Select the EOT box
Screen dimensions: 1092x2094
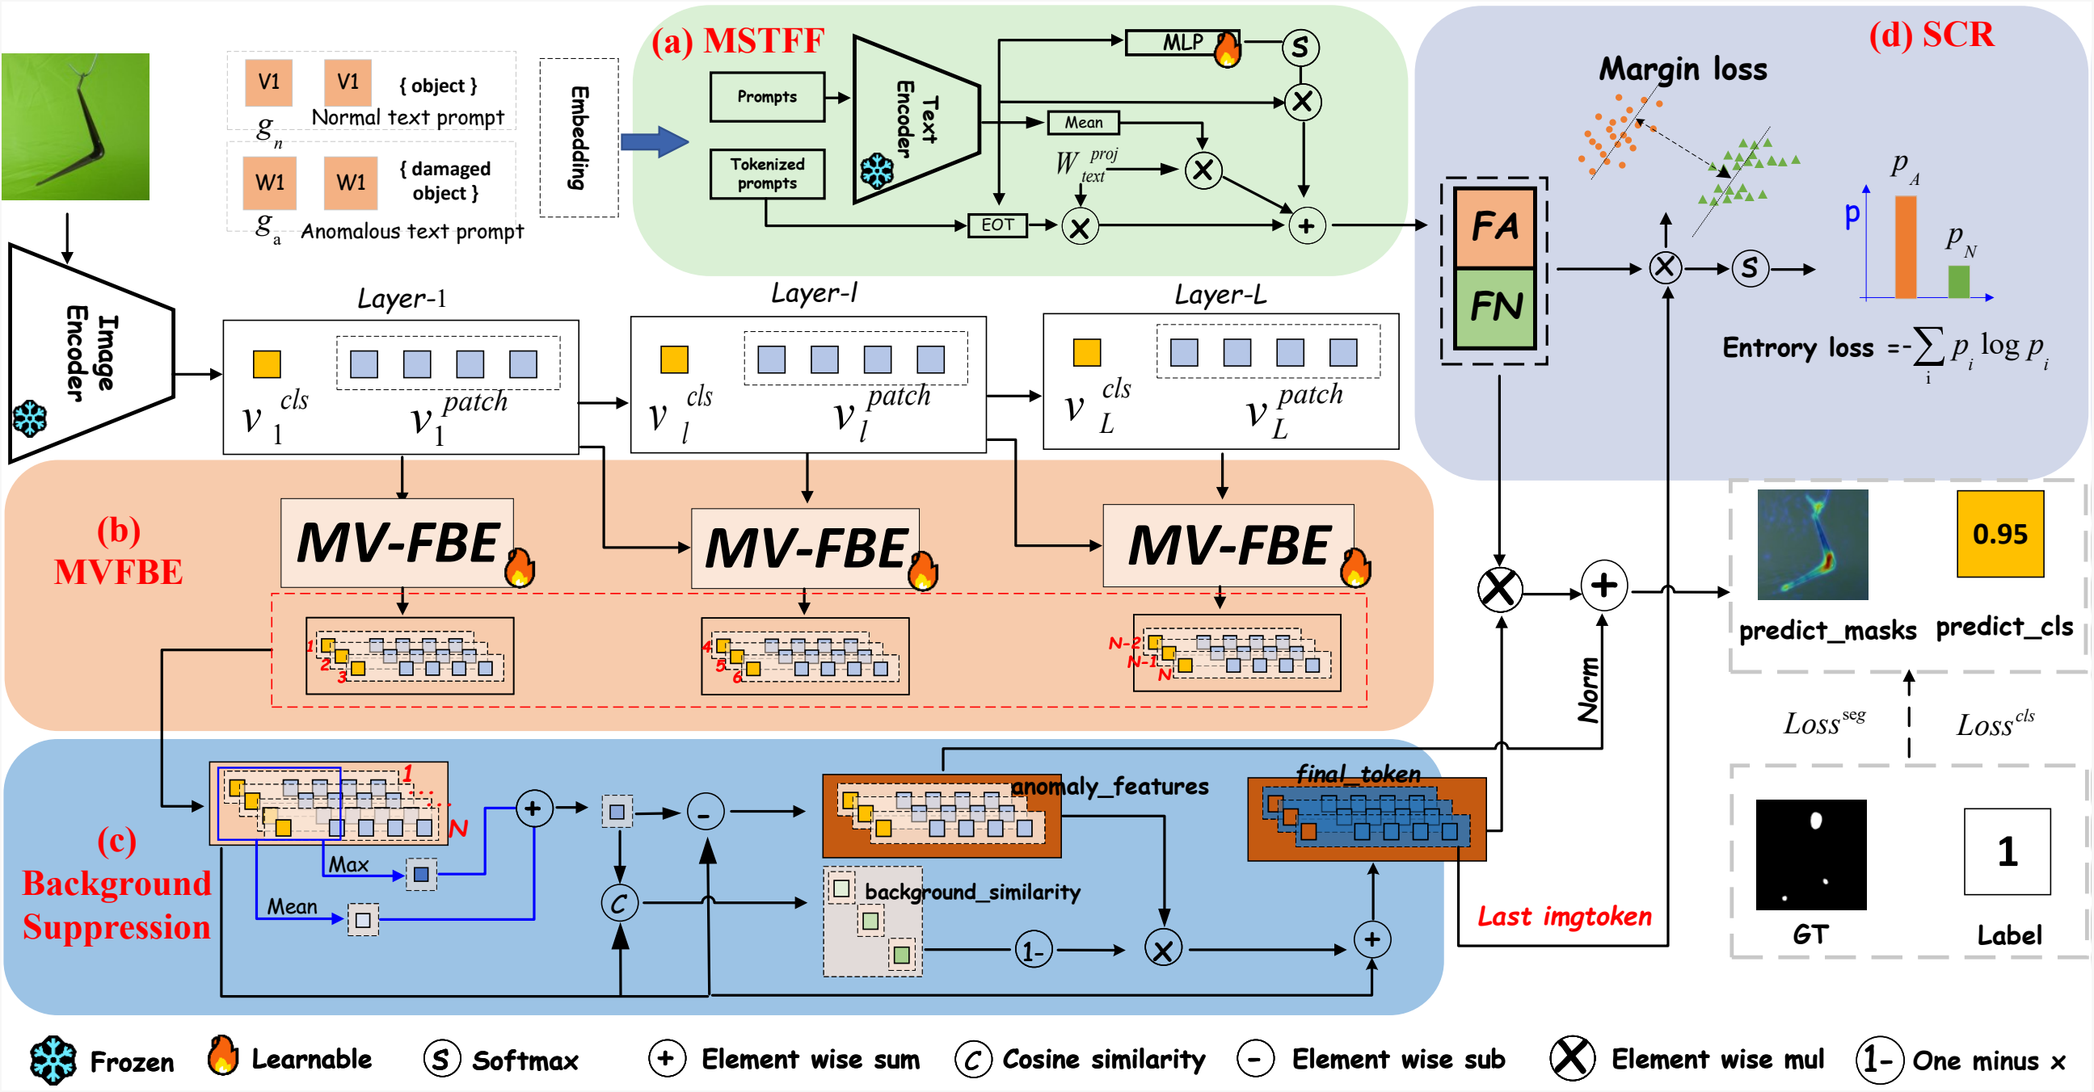click(x=997, y=225)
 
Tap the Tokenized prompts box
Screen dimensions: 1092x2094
click(x=766, y=174)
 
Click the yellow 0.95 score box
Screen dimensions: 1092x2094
click(x=1999, y=534)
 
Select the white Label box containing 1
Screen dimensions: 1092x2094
click(x=2007, y=850)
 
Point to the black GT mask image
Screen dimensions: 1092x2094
click(x=1810, y=854)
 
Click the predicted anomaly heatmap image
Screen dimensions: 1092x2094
click(x=1812, y=544)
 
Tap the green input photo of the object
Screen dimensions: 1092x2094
click(x=76, y=127)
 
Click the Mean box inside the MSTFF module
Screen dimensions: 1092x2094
click(x=1084, y=123)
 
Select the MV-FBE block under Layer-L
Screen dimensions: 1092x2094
click(x=1228, y=545)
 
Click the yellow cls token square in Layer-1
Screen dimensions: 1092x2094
click(x=267, y=364)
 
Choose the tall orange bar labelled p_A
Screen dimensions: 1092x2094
click(x=1905, y=247)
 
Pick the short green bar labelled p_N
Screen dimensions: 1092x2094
click(x=1959, y=281)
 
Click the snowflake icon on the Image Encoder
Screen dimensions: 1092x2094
click(x=30, y=418)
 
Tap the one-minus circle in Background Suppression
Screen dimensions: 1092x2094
click(x=1033, y=950)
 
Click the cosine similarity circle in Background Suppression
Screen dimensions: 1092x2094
click(x=619, y=903)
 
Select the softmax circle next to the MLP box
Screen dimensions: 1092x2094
click(x=1300, y=47)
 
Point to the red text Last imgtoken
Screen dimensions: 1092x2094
click(x=1564, y=917)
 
